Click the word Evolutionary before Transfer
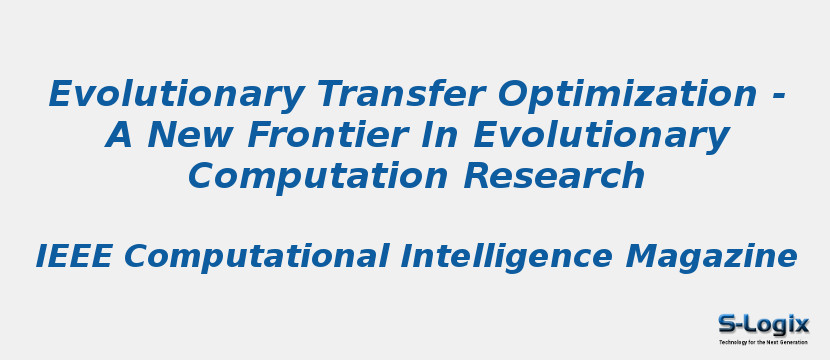[176, 95]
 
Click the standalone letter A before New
[119, 135]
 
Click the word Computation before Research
[318, 176]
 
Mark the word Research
[553, 176]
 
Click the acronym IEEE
[73, 257]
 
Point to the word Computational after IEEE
[256, 257]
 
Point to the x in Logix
[800, 324]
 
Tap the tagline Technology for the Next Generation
[763, 342]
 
